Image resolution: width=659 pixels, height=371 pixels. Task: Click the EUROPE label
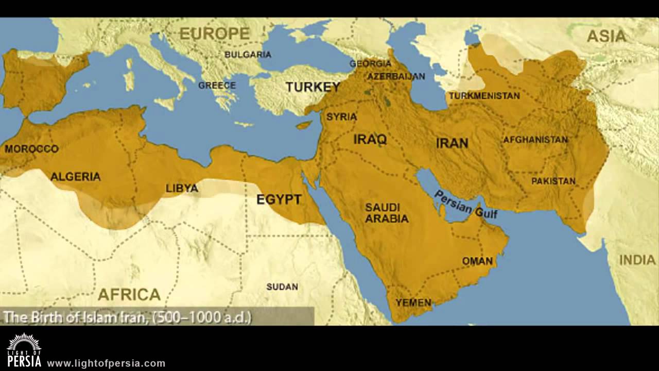(214, 33)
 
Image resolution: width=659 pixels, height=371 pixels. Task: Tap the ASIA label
(607, 36)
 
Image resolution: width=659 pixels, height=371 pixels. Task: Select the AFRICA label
(129, 294)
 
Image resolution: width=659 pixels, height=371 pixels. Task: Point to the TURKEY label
(313, 87)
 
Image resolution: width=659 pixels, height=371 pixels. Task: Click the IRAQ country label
(370, 139)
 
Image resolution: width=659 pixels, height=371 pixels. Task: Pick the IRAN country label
(452, 143)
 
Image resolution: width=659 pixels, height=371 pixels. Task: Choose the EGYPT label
(279, 199)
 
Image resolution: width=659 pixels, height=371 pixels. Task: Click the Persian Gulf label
(466, 204)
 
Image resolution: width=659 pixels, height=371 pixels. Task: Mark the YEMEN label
(413, 302)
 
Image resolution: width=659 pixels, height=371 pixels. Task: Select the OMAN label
(477, 261)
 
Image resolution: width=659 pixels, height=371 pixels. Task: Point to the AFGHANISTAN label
(535, 140)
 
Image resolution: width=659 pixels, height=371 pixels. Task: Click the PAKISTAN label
(553, 181)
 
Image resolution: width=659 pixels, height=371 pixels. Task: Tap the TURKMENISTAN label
(484, 96)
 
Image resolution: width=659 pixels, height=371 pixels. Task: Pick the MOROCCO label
(31, 149)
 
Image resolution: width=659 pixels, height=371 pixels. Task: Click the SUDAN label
(282, 286)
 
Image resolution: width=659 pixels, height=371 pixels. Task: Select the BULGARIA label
(248, 54)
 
